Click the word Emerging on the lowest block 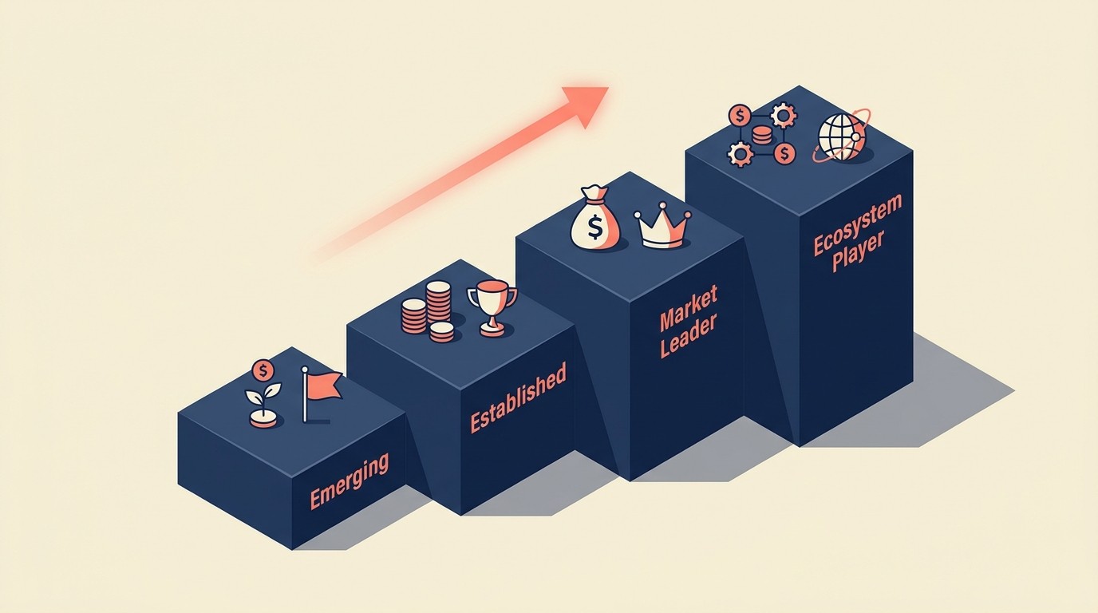349,481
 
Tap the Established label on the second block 518,397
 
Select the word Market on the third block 688,307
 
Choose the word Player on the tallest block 858,252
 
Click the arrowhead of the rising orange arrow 587,103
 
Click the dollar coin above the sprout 263,370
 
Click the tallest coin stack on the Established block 438,302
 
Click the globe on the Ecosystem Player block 842,137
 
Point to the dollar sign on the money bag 595,228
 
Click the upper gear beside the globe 784,115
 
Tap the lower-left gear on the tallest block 741,153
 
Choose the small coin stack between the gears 762,135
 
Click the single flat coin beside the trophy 441,331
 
